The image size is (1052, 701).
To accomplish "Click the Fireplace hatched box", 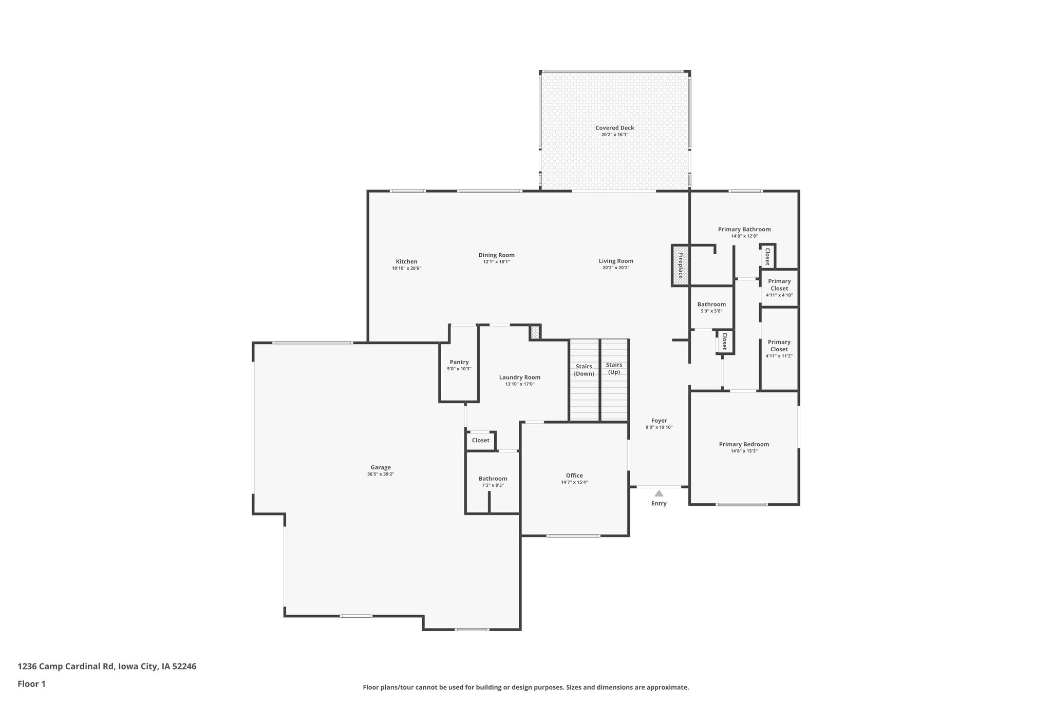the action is click(680, 266).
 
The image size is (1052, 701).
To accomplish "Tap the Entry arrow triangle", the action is click(659, 493).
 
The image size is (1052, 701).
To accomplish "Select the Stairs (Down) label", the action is click(584, 370).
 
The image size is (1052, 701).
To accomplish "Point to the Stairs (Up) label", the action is click(614, 368).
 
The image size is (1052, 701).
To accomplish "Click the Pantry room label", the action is click(459, 362).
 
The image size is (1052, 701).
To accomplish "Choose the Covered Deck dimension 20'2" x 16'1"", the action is click(615, 135).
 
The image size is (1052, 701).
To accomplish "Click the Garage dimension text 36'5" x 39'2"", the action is click(381, 474).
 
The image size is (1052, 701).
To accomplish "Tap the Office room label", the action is click(574, 476).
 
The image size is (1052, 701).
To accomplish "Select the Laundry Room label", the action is click(520, 377).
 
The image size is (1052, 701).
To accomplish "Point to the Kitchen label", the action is click(406, 261).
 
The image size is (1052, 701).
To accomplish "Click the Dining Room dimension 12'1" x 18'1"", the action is click(496, 262).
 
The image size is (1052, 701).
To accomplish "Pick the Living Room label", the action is click(616, 261).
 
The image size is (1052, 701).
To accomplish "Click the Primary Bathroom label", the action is click(744, 230).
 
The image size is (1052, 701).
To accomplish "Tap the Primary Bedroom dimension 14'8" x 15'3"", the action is click(744, 451).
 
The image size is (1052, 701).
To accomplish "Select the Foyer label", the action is click(659, 421).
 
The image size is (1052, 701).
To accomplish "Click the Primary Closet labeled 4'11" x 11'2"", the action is click(779, 349).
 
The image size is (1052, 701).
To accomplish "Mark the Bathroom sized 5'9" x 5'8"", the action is click(711, 307).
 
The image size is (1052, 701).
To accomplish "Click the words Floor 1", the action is click(31, 684).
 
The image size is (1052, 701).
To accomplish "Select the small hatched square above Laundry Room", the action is click(535, 332).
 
